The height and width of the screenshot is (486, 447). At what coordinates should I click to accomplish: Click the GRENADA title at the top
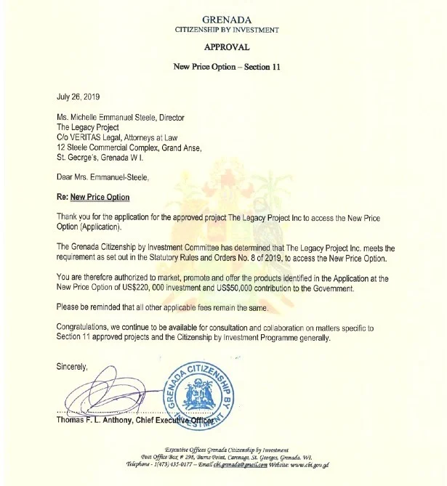coord(226,20)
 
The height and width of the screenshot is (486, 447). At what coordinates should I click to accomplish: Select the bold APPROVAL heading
coord(226,46)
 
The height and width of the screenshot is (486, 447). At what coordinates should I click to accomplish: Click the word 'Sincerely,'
coord(72,368)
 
